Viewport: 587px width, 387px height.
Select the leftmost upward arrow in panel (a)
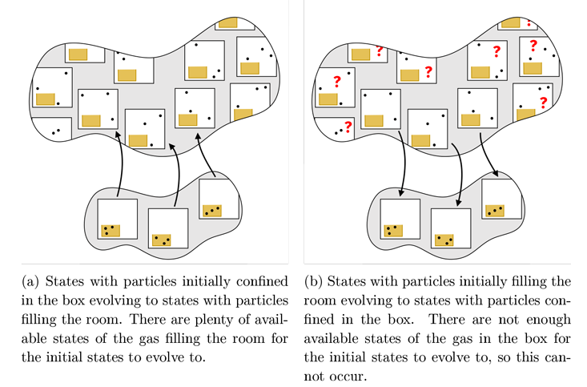[x=119, y=164]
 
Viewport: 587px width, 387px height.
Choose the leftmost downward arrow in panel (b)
[x=403, y=168]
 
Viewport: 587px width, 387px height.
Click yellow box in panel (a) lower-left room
[x=111, y=231]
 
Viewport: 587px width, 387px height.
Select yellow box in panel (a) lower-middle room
[x=162, y=240]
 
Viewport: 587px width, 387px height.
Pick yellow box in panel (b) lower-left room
[x=392, y=231]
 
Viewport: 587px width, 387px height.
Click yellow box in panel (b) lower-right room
[x=494, y=210]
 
